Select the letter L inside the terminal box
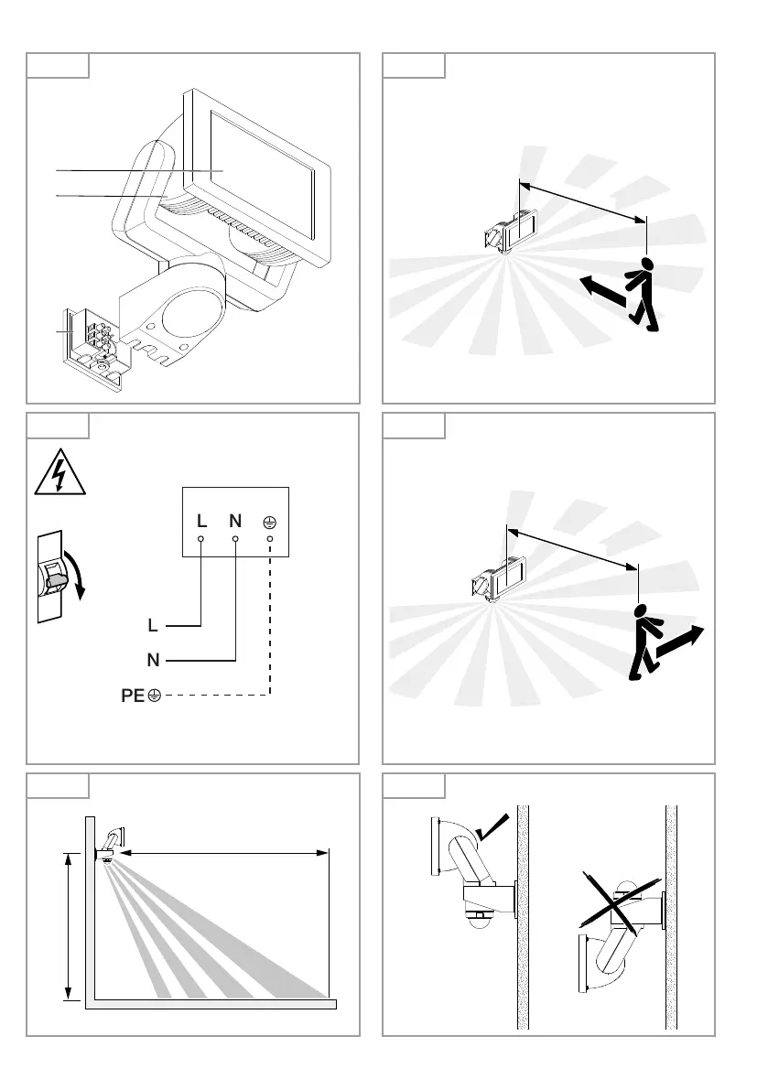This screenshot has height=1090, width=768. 201,521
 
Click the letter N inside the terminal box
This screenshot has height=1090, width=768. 235,521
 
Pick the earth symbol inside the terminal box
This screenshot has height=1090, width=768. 270,521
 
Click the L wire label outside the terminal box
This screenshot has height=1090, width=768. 154,626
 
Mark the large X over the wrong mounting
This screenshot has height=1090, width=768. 621,901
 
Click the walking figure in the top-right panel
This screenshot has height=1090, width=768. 644,294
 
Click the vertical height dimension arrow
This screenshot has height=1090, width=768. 66,924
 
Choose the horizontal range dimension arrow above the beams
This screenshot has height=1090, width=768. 224,853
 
